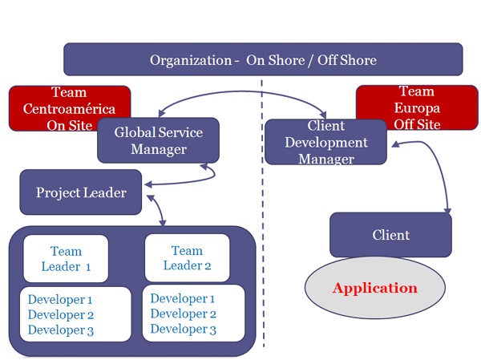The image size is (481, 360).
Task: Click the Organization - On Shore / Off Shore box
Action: (263, 60)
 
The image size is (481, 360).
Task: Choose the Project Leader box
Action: (80, 192)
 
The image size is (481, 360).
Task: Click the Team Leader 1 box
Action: (66, 258)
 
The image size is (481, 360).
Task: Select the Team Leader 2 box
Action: (187, 258)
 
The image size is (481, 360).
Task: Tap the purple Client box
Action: (390, 235)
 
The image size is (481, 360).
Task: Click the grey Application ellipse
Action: (375, 288)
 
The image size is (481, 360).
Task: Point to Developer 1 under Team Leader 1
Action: (60, 300)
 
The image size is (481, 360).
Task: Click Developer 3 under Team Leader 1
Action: (60, 330)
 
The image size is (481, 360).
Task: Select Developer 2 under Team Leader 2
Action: (183, 313)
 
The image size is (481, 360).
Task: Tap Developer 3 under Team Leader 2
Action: (183, 329)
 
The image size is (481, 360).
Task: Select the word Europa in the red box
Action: (416, 108)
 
